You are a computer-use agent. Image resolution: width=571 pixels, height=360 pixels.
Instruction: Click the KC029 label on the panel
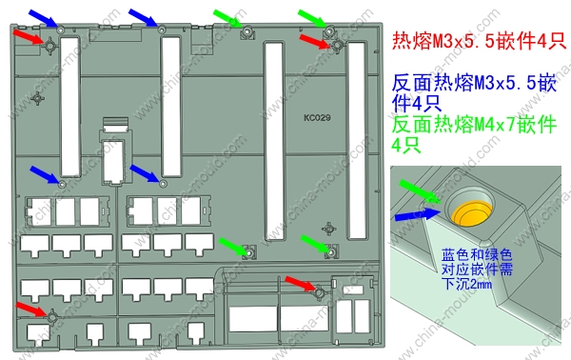pos(317,118)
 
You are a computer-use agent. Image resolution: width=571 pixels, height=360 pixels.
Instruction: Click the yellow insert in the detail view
pos(471,213)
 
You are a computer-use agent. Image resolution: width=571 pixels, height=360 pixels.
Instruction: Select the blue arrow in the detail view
pos(418,214)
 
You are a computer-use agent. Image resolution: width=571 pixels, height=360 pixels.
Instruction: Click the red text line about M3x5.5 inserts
pos(479,40)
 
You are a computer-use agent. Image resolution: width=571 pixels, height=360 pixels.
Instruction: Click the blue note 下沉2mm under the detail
pos(466,283)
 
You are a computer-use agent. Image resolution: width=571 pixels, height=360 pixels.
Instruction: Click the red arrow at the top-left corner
pos(29,37)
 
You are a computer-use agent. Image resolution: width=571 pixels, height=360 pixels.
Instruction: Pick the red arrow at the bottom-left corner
pos(31,309)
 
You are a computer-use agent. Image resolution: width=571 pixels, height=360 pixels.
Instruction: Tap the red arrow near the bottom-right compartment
pos(300,283)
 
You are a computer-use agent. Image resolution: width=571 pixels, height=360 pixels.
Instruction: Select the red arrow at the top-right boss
pos(315,41)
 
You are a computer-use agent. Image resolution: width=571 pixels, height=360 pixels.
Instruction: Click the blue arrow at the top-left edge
pos(44,18)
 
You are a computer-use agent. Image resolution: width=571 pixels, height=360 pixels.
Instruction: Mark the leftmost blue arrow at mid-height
pos(45,174)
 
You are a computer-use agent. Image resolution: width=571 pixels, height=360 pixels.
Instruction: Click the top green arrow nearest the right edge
pos(312,18)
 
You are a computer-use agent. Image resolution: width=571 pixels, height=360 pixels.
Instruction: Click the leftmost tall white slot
pos(69,106)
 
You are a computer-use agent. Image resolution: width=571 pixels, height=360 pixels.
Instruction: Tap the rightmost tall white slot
pos(357,141)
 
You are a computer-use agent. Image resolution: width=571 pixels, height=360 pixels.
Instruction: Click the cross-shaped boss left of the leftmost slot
pos(37,98)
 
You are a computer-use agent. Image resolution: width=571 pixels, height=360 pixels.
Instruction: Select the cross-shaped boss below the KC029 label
pos(329,229)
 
